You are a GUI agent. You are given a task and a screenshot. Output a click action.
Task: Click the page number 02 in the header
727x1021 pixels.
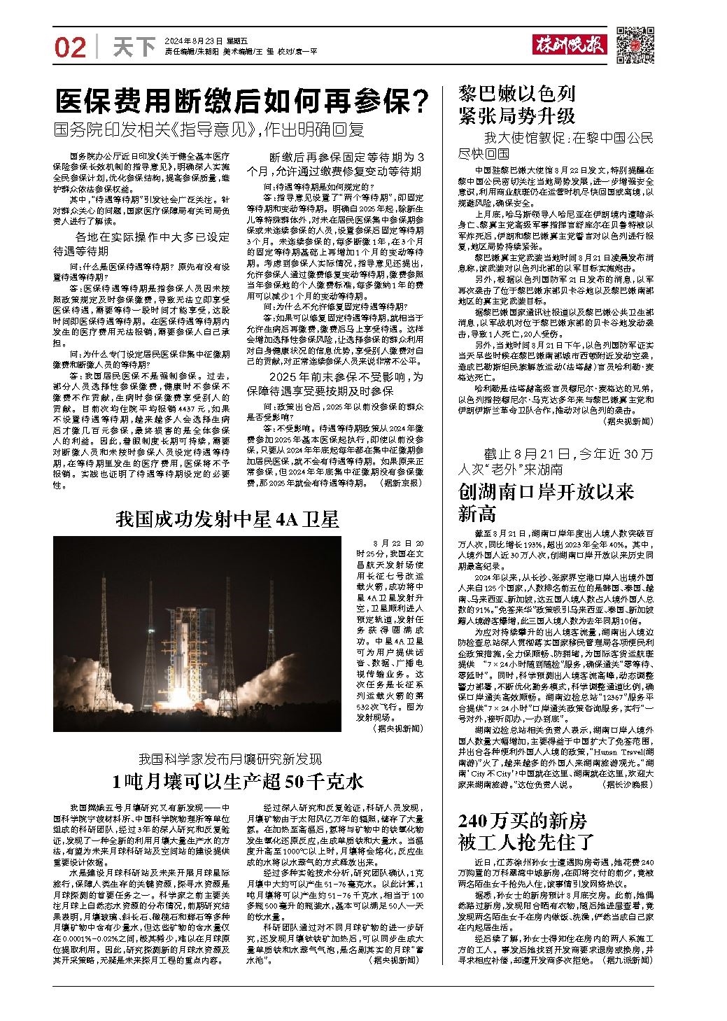point(70,48)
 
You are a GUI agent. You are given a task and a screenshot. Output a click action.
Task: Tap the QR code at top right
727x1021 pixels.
point(635,45)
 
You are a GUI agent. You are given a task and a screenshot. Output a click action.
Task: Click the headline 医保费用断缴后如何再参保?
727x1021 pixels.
point(243,103)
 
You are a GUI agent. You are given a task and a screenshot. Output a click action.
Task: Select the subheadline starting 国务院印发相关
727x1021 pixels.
point(210,129)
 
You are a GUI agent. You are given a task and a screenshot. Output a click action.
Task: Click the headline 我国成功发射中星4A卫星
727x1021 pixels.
point(227,519)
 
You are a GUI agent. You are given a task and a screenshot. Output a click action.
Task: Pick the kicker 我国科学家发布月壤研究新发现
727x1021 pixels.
point(230,759)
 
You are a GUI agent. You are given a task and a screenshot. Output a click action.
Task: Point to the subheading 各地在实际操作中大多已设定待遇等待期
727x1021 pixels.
point(141,244)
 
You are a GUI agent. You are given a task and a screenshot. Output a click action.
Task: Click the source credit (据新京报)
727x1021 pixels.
point(401,483)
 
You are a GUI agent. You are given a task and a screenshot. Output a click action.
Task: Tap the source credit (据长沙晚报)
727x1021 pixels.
point(626,786)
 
